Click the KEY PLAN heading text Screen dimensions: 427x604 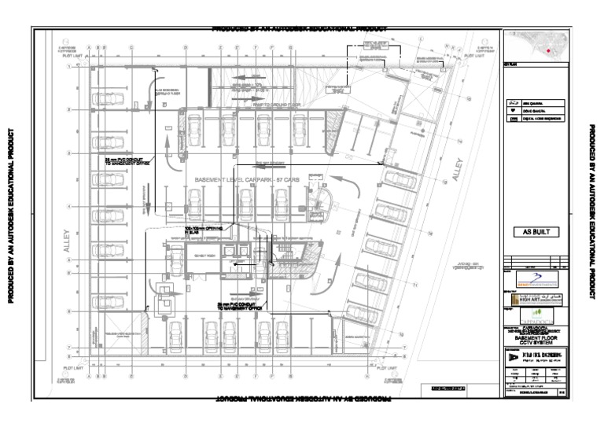click(x=511, y=75)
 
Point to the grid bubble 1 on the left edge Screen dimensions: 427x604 click(x=69, y=67)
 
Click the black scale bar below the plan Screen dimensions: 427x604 click(x=444, y=388)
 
